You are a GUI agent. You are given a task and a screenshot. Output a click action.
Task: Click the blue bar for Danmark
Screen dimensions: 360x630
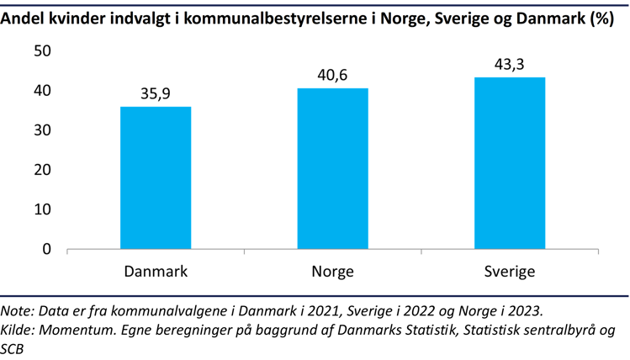coord(156,178)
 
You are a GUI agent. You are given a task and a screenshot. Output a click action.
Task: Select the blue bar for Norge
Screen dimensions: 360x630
coord(332,168)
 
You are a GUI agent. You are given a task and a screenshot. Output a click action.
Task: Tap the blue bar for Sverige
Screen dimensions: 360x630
coord(510,163)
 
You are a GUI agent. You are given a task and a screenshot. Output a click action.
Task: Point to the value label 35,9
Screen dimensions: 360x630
coord(156,94)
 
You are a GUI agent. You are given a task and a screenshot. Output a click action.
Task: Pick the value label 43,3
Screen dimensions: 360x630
coord(510,65)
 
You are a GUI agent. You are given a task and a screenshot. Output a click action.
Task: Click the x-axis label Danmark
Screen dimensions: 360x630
coord(156,272)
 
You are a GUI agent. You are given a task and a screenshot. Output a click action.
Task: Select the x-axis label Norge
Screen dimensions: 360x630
coord(332,272)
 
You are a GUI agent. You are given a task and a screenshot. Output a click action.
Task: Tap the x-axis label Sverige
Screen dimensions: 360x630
coord(510,272)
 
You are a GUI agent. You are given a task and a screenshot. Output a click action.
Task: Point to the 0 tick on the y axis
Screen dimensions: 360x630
coord(47,250)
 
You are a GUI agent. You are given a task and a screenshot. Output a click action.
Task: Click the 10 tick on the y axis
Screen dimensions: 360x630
coord(42,209)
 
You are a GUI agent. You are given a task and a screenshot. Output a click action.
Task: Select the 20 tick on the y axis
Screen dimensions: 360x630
coord(42,170)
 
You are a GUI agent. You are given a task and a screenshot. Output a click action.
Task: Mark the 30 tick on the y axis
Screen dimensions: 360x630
coord(42,130)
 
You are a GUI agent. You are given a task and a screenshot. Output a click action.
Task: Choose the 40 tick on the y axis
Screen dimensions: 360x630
coord(42,91)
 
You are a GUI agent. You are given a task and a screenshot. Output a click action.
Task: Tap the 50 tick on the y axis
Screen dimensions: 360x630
coord(42,51)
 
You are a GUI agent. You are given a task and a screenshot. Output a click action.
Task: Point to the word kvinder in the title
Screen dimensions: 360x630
coord(81,19)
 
